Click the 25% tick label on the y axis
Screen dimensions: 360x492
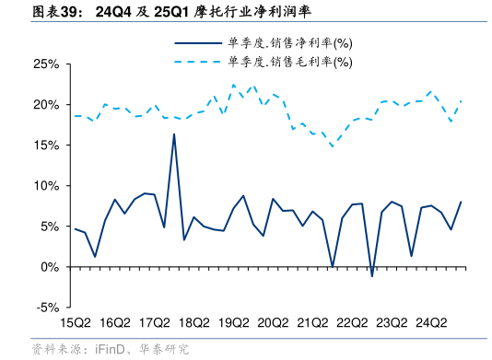(46, 64)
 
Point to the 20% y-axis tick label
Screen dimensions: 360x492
(46, 105)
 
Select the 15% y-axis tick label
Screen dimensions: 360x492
(46, 145)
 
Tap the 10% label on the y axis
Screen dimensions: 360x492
(46, 186)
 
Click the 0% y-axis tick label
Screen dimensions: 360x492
(50, 267)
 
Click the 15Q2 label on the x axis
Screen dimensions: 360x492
(75, 323)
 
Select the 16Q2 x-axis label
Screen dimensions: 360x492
(114, 323)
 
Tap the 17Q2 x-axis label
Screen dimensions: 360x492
(154, 323)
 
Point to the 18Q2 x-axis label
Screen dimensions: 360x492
(193, 323)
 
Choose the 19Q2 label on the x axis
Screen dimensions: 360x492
(233, 323)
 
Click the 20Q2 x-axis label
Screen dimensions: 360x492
(273, 323)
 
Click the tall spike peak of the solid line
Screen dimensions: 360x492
(174, 134)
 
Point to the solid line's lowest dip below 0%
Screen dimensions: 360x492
(372, 275)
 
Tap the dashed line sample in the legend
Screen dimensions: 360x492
(197, 63)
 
